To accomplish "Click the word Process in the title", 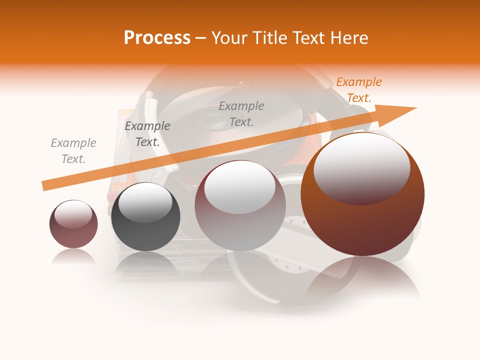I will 157,38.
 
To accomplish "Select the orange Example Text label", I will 358,90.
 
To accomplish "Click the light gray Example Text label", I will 73,151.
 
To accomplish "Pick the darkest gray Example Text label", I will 147,134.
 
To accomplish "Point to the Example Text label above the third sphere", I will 241,114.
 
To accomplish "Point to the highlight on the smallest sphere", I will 73,214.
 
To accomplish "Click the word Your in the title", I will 231,38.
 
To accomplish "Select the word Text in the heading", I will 306,38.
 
